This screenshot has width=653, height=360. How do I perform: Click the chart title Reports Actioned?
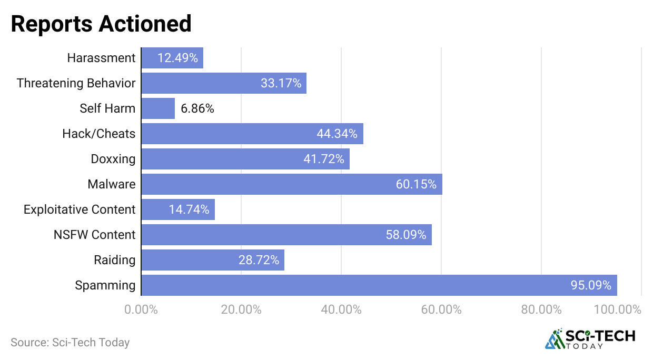click(x=101, y=24)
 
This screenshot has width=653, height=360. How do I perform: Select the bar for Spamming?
click(x=379, y=285)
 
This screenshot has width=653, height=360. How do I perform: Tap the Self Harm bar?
click(x=158, y=108)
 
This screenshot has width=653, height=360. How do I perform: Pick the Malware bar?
click(x=292, y=184)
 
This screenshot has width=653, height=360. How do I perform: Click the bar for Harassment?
click(x=172, y=58)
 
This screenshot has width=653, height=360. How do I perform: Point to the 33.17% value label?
click(x=281, y=83)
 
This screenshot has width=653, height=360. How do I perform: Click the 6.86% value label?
click(x=197, y=108)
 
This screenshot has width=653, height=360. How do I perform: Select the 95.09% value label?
click(x=591, y=285)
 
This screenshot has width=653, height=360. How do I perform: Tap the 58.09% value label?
click(x=406, y=235)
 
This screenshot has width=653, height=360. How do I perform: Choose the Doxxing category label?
click(x=113, y=159)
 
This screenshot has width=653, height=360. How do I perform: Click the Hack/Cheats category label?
click(x=99, y=134)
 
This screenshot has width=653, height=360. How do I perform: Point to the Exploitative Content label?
click(x=80, y=209)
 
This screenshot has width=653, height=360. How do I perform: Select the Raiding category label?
click(x=115, y=260)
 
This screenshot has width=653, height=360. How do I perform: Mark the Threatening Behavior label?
click(x=76, y=83)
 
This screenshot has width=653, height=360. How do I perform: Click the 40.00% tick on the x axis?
click(x=341, y=309)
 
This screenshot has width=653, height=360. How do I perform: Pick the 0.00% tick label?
click(x=141, y=309)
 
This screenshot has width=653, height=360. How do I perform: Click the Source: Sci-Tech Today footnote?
click(x=70, y=342)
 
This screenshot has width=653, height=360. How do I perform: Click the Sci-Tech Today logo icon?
click(x=555, y=339)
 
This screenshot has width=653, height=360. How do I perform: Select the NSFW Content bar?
click(x=286, y=235)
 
